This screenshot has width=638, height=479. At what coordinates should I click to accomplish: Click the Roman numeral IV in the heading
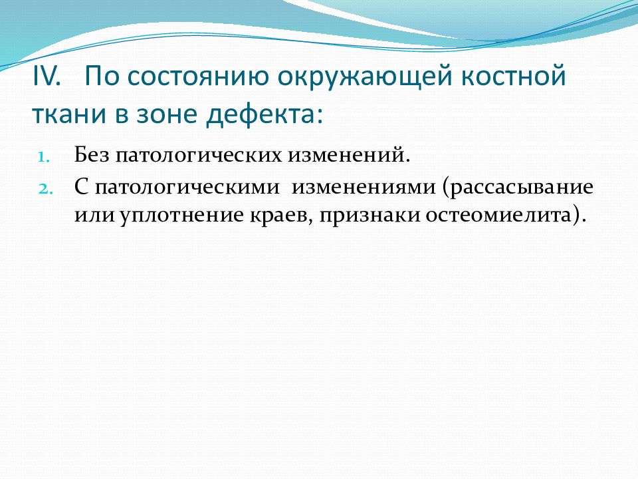pyautogui.click(x=46, y=76)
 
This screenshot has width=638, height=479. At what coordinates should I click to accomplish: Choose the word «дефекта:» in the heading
pyautogui.click(x=265, y=115)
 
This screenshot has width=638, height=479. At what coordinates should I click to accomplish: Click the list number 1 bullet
pyautogui.click(x=44, y=157)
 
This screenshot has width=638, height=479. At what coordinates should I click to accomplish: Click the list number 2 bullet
pyautogui.click(x=45, y=189)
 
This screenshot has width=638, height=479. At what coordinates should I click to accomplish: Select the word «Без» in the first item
pyautogui.click(x=92, y=155)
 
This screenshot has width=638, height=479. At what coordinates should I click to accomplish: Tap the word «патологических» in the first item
pyautogui.click(x=198, y=156)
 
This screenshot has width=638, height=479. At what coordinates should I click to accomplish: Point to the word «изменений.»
pyautogui.click(x=349, y=155)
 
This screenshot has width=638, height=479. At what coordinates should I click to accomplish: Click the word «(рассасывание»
pyautogui.click(x=518, y=188)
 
